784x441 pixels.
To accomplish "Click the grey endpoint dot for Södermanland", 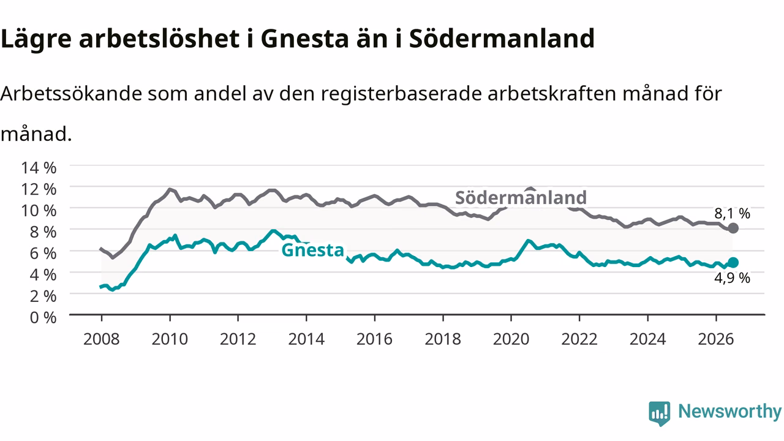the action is [733, 228].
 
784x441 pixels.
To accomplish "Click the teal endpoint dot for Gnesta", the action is [733, 263].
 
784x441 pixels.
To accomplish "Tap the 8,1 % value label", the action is [732, 213].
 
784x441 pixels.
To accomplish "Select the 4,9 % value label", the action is [732, 278].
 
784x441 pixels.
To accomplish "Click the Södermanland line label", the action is [521, 198].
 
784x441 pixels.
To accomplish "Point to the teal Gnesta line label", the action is [312, 251].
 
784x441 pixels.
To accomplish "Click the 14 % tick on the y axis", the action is [39, 168].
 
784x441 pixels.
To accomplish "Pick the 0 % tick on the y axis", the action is [43, 317].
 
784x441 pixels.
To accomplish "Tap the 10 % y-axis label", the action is [39, 211].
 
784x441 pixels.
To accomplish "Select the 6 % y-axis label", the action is [43, 254].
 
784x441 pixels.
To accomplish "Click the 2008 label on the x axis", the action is [102, 339].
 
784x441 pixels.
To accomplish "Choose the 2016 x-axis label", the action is [374, 339].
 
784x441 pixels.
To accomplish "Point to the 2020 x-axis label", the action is [511, 339].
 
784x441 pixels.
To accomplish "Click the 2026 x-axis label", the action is [716, 339].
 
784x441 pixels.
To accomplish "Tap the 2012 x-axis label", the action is [238, 339].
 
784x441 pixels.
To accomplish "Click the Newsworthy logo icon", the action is [660, 413].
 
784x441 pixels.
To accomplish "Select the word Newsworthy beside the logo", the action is [730, 412].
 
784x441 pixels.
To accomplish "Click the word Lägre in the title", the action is [36, 39].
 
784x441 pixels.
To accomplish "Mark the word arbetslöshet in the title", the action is [159, 38].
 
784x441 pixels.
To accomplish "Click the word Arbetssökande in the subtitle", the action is [71, 94].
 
